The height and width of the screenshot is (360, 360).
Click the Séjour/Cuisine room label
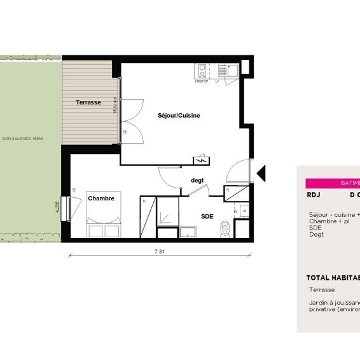click(179, 116)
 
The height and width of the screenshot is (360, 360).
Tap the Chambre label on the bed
click(101, 198)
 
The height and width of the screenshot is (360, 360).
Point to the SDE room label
click(207, 216)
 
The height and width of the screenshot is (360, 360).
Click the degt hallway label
click(197, 180)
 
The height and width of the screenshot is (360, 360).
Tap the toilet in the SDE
click(224, 227)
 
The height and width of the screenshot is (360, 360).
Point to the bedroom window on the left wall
click(65, 207)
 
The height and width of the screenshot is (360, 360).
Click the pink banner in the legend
click(332, 183)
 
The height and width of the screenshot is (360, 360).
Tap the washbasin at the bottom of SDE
click(189, 232)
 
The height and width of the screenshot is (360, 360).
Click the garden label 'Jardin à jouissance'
click(22, 137)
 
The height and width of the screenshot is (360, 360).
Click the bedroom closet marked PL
click(147, 217)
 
